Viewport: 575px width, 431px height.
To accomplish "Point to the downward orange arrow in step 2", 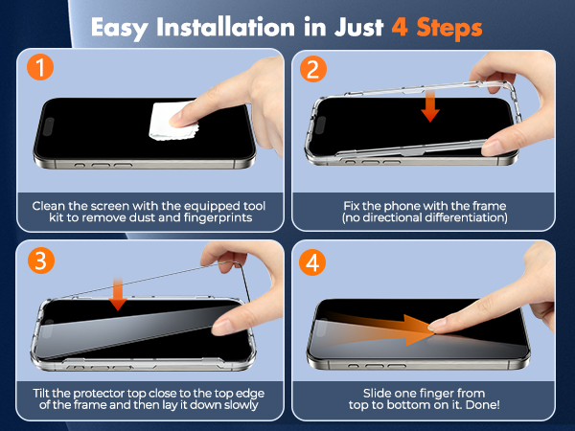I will (430, 105).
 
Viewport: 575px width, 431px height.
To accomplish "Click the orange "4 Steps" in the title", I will (437, 26).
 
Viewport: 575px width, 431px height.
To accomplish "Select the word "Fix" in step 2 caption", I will (353, 205).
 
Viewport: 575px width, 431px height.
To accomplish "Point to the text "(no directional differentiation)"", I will (425, 219).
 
